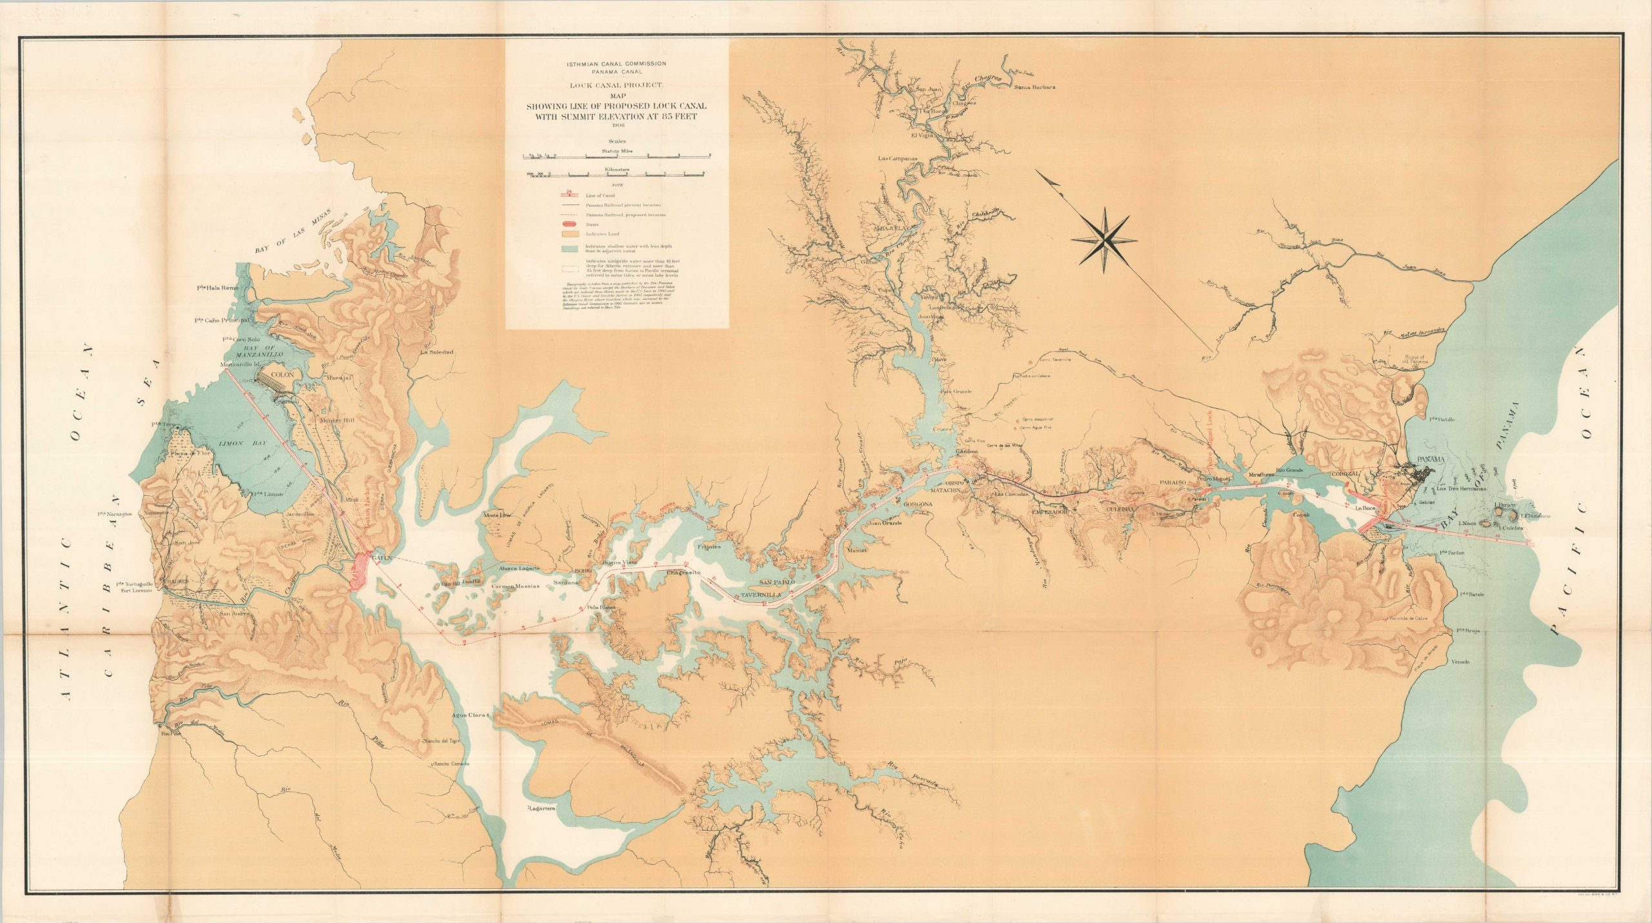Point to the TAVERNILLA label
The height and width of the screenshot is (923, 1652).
[x=761, y=594]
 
